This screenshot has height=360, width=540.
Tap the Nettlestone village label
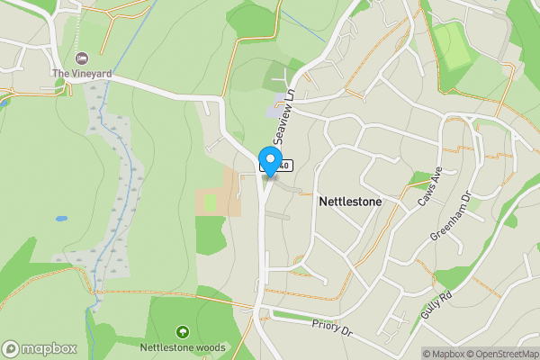pos(350,202)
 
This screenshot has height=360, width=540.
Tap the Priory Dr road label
pos(329,325)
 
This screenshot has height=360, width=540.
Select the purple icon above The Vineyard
pos(83,58)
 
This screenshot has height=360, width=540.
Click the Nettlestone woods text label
pos(183,346)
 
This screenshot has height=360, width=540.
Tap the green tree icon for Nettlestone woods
pos(183,332)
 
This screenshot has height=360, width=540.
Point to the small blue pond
pos(60,218)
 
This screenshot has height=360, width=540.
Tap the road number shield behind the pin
pos(276,166)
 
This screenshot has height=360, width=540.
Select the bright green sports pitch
pos(455,49)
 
